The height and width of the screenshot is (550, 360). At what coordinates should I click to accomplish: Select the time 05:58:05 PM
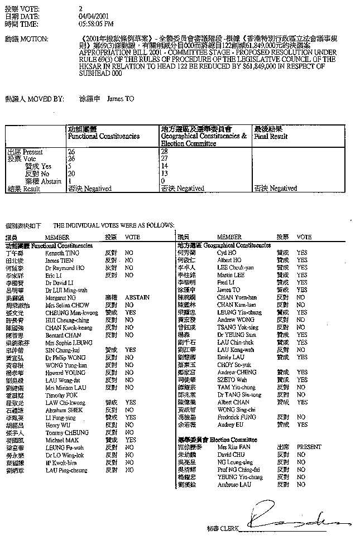tap(97, 24)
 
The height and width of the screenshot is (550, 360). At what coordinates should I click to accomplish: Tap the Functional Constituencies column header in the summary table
tap(103, 136)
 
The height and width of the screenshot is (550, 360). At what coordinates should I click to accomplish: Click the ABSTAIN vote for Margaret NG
tap(137, 297)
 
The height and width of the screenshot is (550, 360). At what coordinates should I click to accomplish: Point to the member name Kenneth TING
tap(59, 252)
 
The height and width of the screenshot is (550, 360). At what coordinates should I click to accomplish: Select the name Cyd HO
tap(226, 252)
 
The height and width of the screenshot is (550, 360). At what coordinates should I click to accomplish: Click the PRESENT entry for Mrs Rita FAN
tap(309, 447)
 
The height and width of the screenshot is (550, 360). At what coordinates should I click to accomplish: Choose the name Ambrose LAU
tap(234, 485)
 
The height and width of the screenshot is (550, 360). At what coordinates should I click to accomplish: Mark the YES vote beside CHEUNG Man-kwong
tap(130, 312)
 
